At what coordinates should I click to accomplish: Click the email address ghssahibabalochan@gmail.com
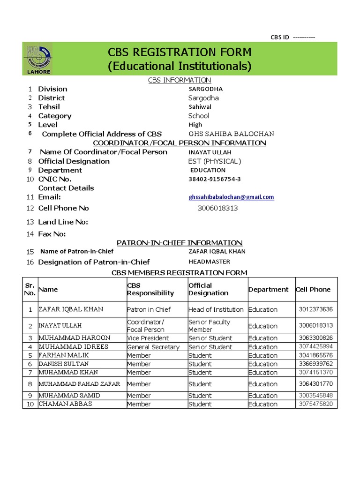coord(231,197)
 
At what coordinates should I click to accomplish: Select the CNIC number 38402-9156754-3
coord(215,179)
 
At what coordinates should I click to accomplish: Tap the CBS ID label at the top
coord(280,37)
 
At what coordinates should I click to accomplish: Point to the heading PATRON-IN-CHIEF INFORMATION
coord(180,243)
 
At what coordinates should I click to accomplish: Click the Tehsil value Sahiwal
coord(200,107)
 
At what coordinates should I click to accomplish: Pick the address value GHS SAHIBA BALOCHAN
coord(231,134)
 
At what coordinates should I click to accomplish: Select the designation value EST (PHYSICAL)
coord(215,161)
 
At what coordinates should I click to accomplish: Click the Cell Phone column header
coord(313,290)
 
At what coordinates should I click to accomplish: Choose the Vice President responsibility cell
coord(148,338)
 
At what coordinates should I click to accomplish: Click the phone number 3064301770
coord(316,384)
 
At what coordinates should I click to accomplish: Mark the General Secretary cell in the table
coord(153,347)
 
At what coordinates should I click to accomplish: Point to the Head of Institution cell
coord(216,309)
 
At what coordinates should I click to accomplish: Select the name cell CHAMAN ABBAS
coord(65,404)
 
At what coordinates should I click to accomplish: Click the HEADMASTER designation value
coord(209,262)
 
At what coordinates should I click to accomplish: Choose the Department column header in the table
coord(268,290)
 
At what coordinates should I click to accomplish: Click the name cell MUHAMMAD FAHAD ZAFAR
coord(79,384)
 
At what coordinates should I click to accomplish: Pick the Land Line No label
coord(63,222)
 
